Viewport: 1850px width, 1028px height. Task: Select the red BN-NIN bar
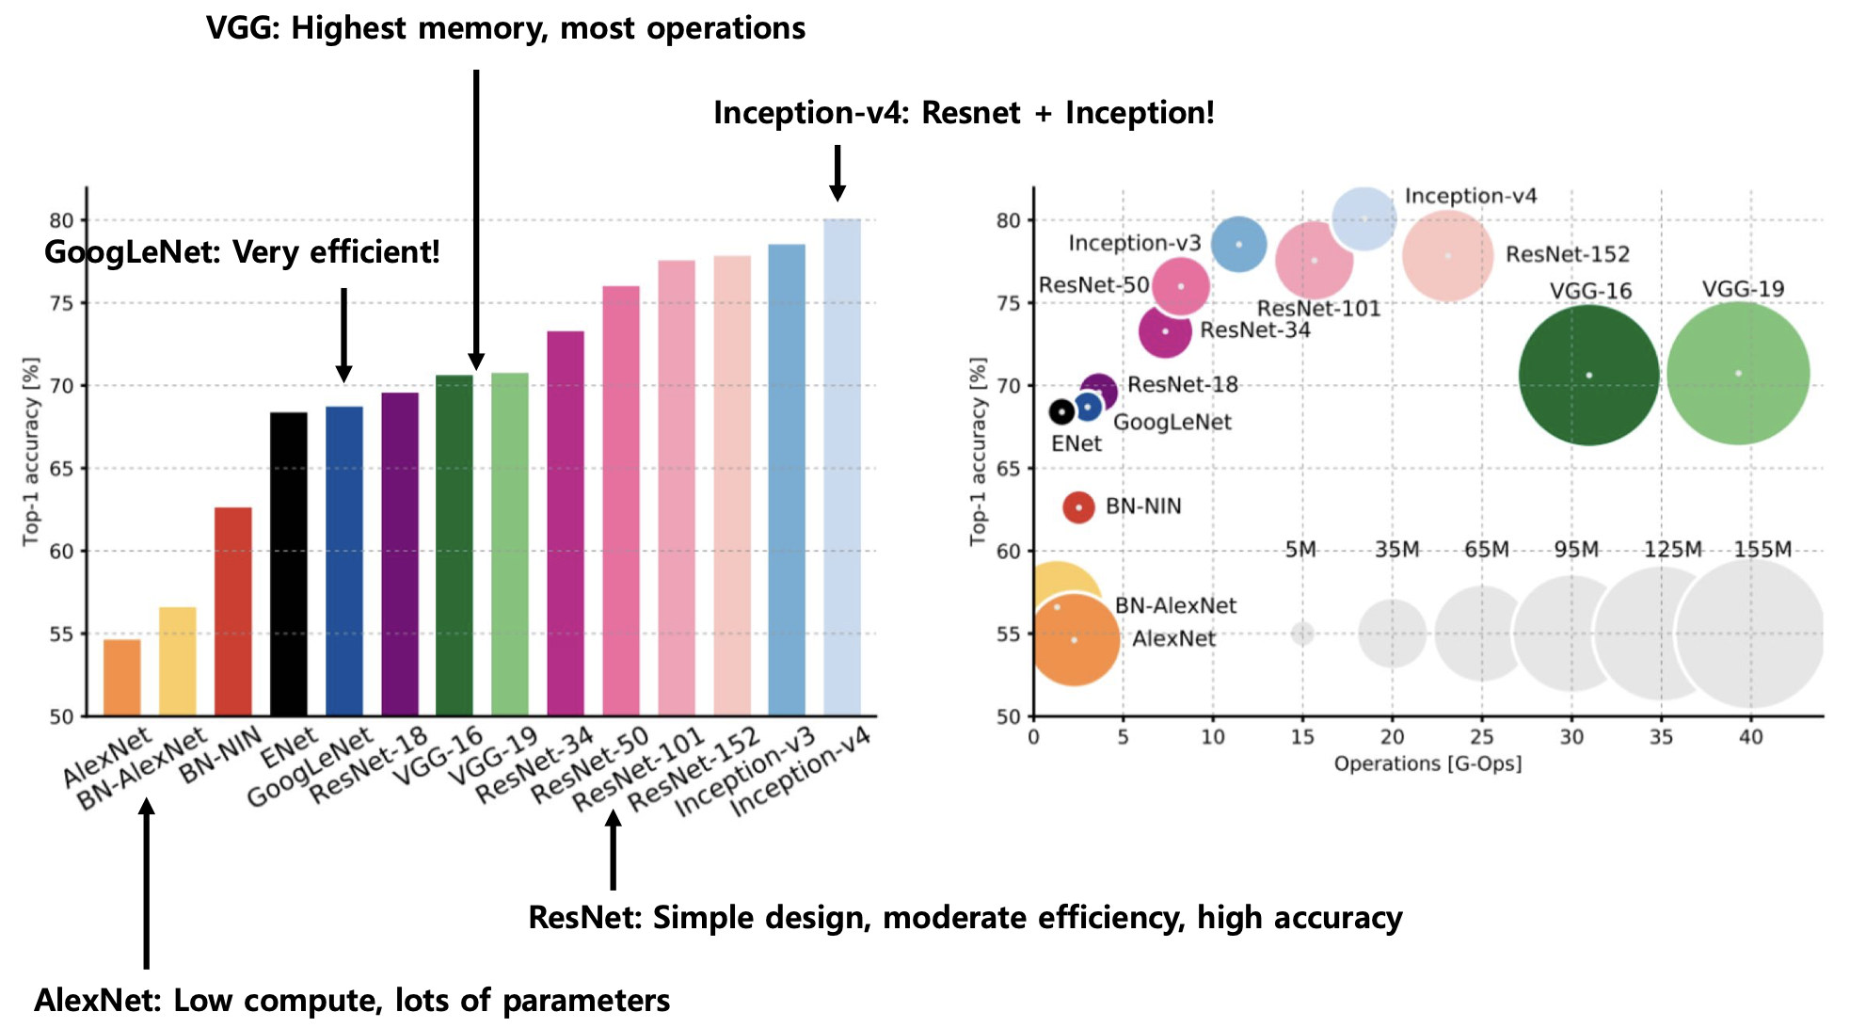232,612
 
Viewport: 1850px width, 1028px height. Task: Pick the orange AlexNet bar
121,678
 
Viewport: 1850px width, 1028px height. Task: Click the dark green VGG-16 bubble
1588,375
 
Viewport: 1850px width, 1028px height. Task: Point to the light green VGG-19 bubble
1738,374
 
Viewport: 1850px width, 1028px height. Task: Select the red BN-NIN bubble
1078,507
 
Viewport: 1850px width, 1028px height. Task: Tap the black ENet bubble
1061,411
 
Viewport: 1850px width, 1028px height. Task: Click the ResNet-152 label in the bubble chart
1567,254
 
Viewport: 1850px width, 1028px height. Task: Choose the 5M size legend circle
1302,633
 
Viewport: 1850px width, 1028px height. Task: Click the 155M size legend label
1762,550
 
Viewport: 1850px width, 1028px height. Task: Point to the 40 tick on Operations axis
1750,737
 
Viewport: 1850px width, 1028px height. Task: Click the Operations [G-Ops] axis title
1427,763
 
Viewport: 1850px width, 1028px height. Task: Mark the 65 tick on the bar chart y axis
61,469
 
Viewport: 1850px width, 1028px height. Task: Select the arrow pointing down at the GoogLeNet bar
343,334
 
